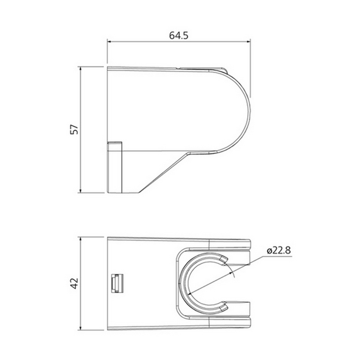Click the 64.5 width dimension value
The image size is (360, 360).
point(179,36)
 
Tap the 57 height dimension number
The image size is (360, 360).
point(74,130)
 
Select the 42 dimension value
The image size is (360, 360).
point(74,283)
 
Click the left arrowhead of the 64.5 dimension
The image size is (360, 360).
point(109,41)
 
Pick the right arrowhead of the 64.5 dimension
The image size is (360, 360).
point(248,41)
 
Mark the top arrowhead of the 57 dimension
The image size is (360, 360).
point(80,68)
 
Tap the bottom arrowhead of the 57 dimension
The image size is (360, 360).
point(80,191)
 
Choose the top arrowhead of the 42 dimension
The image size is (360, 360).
point(80,239)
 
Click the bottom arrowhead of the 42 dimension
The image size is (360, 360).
point(80,328)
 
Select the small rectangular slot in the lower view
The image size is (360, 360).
point(117,283)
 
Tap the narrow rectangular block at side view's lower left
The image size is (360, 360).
point(115,167)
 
